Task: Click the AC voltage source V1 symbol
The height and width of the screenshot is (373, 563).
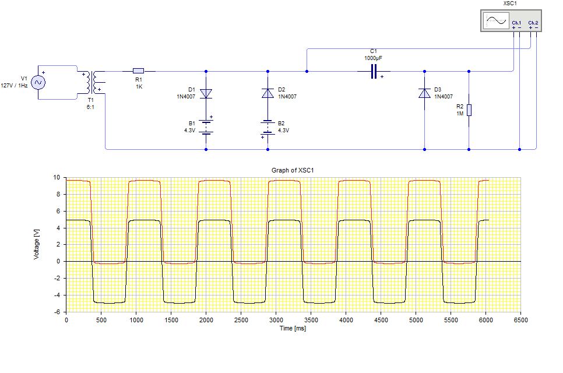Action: [x=38, y=83]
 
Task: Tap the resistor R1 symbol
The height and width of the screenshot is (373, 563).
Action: [x=139, y=71]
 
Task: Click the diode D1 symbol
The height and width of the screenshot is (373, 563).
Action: [x=206, y=94]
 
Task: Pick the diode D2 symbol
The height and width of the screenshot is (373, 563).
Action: [x=268, y=93]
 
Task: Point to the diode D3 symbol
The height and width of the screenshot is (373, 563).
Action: [x=425, y=93]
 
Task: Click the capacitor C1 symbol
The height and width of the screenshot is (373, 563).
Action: [x=374, y=72]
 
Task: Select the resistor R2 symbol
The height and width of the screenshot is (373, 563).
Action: [x=469, y=110]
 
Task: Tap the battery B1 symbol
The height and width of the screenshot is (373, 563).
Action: [x=206, y=127]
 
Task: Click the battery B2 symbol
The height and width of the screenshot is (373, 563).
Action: [x=268, y=128]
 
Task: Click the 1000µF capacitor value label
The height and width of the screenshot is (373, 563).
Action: [x=374, y=58]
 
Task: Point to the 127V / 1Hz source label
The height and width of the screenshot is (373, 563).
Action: [x=14, y=86]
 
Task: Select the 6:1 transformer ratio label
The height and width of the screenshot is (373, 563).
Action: [x=90, y=107]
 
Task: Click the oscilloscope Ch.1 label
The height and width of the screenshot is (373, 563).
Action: [x=516, y=23]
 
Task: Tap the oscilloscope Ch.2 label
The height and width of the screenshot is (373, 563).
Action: [x=533, y=23]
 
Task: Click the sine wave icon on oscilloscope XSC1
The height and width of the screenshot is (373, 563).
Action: [x=496, y=20]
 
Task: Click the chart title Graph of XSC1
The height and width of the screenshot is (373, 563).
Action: [x=293, y=170]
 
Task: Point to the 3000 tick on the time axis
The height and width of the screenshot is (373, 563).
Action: [x=276, y=320]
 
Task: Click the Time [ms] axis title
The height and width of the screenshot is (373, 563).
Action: [x=293, y=328]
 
